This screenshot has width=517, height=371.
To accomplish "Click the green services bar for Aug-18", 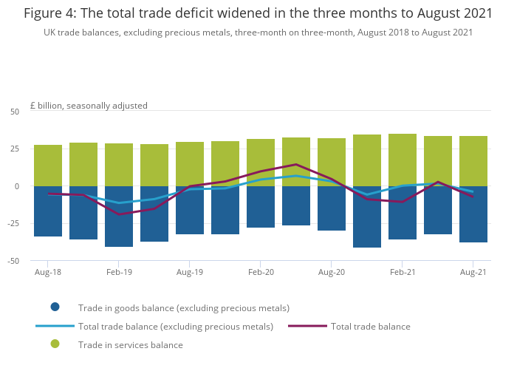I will point(48,165).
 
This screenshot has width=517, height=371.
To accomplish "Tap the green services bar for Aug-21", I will point(473,160).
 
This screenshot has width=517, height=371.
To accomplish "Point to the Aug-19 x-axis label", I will point(190,272).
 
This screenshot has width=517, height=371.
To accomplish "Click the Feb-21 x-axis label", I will point(403,272).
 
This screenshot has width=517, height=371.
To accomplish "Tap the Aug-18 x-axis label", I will point(48,272).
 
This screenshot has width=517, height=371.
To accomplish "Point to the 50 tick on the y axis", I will point(15,112).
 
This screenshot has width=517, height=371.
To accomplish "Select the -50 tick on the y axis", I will point(13,261).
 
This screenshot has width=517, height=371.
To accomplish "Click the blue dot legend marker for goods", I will point(55,307).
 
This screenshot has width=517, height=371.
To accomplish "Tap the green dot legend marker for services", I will point(55,344).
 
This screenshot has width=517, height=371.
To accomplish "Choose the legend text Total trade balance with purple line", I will point(370,326).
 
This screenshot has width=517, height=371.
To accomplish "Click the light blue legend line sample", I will point(55,326).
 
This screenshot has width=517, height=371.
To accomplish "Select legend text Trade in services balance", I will point(131,344).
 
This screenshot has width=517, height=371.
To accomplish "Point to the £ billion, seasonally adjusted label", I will point(89,106).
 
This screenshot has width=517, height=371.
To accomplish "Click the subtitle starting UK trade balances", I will point(258,33).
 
